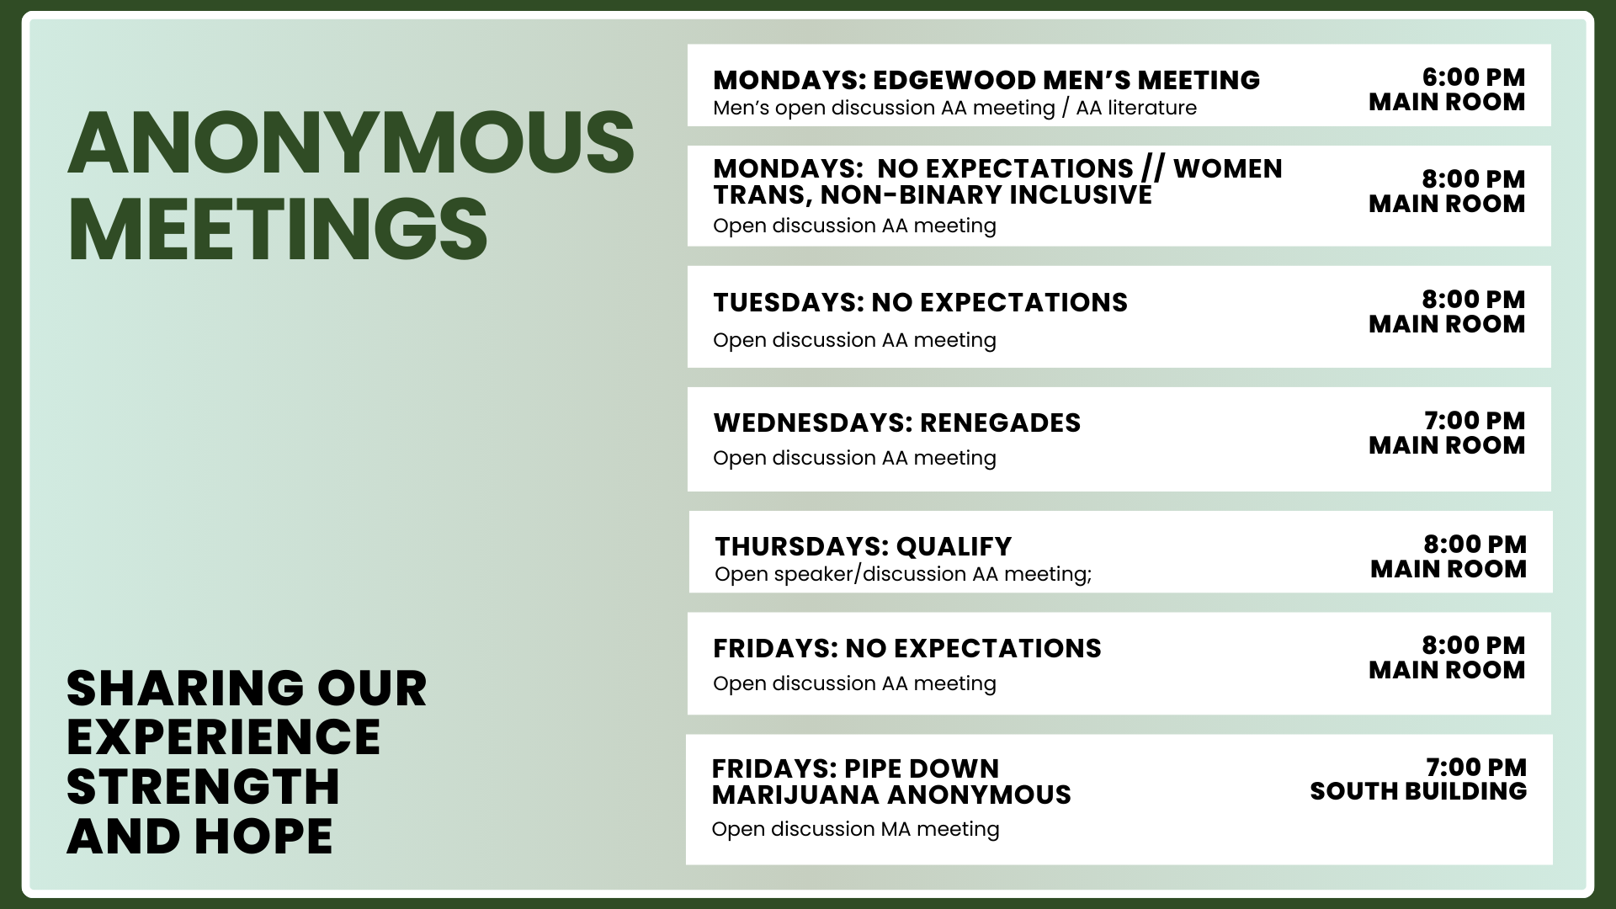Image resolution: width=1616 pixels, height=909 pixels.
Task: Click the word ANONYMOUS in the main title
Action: click(x=351, y=142)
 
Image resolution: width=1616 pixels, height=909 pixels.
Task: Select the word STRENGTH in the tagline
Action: click(x=203, y=786)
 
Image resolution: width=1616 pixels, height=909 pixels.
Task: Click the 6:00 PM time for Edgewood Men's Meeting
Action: click(x=1473, y=77)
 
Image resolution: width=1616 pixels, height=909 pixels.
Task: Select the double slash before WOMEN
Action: click(x=1153, y=169)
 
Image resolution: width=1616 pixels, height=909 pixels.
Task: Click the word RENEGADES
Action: click(x=1000, y=423)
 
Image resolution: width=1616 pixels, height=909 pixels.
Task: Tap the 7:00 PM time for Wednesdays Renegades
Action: click(x=1475, y=421)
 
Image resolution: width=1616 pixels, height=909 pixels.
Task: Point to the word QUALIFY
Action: click(x=954, y=547)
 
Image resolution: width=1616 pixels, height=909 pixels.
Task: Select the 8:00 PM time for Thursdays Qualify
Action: click(x=1475, y=545)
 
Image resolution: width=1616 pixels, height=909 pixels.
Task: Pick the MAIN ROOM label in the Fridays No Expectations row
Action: click(x=1447, y=670)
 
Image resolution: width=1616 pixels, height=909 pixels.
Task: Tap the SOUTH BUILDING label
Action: click(x=1418, y=791)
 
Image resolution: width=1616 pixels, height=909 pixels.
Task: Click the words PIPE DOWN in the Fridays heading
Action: click(x=921, y=768)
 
